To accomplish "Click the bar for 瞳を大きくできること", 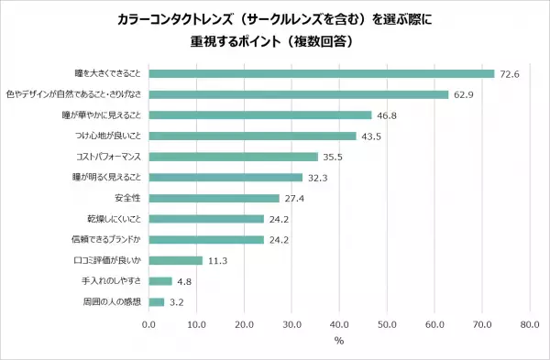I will tap(321, 73).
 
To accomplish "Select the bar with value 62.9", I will tap(298, 94).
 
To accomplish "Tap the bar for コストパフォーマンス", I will tap(233, 157).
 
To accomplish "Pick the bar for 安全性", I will tap(214, 198).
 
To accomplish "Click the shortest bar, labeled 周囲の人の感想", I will tap(156, 301).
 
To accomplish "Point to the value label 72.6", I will tap(509, 73).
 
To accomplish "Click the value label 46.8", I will tap(386, 115).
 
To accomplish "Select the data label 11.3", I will tap(217, 260).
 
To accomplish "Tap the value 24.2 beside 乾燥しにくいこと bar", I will tap(279, 219).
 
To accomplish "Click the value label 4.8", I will tap(183, 281).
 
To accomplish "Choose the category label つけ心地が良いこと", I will tap(109, 136).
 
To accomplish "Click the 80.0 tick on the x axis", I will tap(529, 323).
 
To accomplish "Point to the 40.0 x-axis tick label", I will tap(339, 323).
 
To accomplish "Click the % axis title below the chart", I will tap(338, 342).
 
